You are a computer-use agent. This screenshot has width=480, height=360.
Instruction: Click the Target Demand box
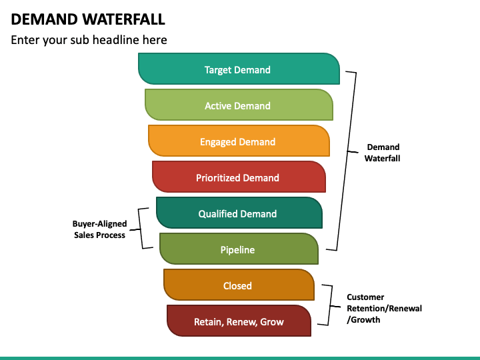239,69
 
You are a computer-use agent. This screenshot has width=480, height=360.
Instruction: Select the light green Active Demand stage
239,105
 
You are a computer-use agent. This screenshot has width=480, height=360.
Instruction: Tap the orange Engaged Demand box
239,141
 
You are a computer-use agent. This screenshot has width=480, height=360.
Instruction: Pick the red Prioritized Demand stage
239,177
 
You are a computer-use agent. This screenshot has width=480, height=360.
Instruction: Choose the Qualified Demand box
239,213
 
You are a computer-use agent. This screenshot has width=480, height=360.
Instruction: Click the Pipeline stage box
239,249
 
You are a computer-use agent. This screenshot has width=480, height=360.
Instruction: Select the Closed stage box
239,285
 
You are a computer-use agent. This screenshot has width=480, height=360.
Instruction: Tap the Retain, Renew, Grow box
239,321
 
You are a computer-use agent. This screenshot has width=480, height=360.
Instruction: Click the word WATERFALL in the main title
124,19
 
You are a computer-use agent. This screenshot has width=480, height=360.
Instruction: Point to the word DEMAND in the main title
45,19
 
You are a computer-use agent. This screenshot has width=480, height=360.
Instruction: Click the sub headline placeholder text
89,40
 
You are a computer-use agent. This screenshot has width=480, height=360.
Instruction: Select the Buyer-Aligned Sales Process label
99,229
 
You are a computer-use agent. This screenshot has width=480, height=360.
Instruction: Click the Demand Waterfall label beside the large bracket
383,153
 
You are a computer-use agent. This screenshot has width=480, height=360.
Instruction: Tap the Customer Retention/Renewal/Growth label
384,308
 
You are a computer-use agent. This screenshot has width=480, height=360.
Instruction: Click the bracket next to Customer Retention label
330,305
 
